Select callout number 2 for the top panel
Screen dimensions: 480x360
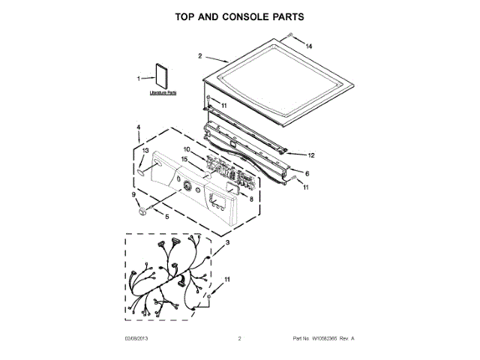[x=200, y=55]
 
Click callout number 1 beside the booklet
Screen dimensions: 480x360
[x=139, y=78]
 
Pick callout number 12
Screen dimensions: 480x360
[x=311, y=156]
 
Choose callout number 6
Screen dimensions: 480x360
[x=306, y=174]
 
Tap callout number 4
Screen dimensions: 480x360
[x=139, y=127]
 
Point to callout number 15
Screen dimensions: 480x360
[x=184, y=159]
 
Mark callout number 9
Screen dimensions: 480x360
[x=134, y=195]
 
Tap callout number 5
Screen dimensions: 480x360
[x=166, y=216]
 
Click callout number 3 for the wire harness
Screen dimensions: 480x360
[x=227, y=241]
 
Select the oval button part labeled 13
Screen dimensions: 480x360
[x=142, y=172]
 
